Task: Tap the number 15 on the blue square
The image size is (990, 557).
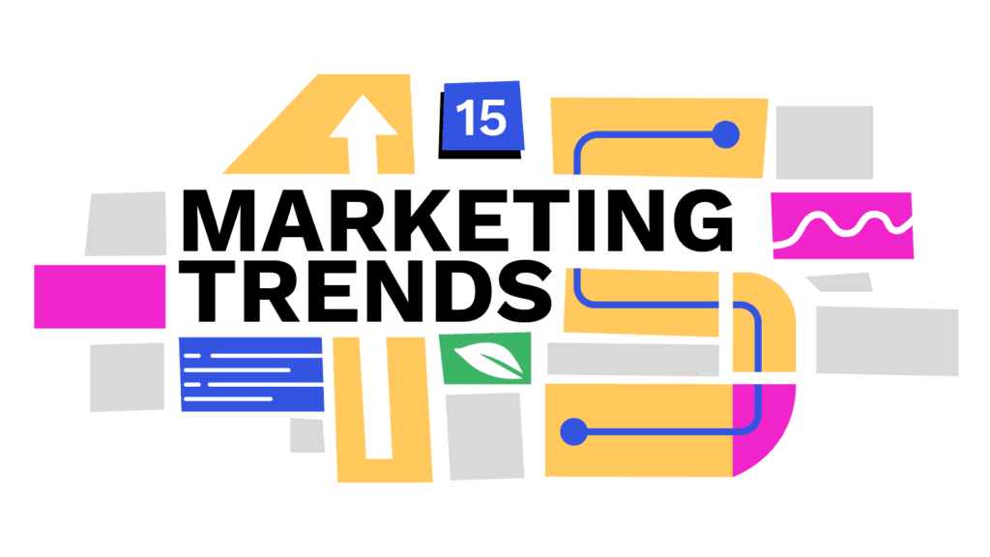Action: click(480, 118)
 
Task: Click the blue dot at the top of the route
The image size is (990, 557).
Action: click(725, 134)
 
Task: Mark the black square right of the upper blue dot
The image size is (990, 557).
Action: click(825, 142)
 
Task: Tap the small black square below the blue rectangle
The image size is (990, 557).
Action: click(307, 434)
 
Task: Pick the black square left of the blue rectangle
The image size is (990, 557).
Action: click(127, 376)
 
